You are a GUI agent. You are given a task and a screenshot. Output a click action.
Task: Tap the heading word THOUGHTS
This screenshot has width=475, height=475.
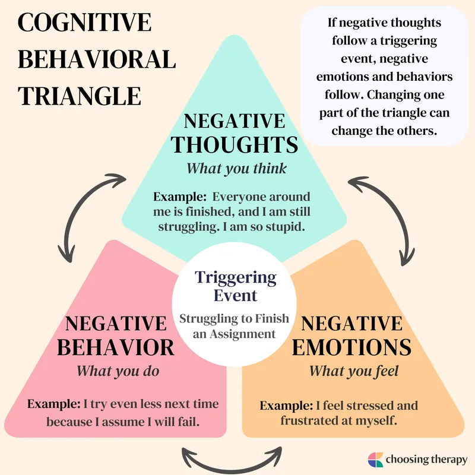[235, 144]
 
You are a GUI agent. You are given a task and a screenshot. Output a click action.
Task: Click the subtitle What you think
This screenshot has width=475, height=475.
[236, 169]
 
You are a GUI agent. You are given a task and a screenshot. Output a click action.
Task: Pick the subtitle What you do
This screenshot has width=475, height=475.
[119, 372]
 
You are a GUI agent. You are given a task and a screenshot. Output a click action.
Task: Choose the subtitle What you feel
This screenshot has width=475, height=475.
[354, 372]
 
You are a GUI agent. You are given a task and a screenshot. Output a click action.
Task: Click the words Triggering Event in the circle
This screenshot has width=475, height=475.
[236, 286]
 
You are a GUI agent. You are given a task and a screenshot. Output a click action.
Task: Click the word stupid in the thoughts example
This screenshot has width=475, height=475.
[290, 227]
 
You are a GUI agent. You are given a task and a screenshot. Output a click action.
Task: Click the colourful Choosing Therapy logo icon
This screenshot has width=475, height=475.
[376, 460]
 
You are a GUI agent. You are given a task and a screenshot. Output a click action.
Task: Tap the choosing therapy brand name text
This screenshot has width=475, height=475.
[426, 460]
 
